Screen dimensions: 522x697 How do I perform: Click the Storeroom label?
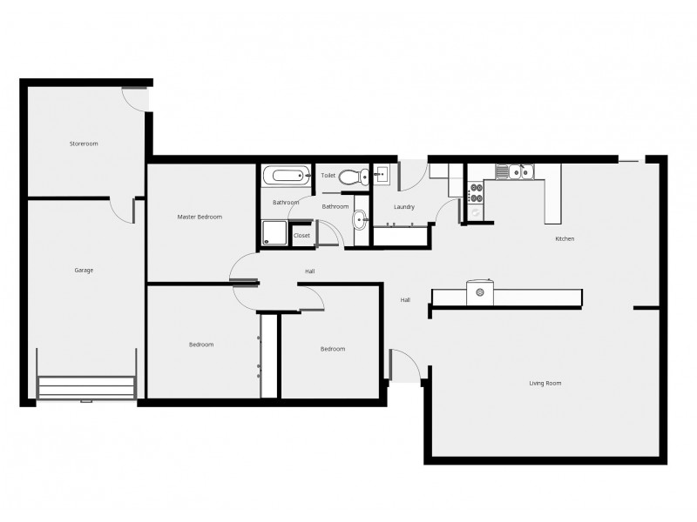(84, 143)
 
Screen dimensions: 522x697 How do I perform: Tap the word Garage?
(84, 270)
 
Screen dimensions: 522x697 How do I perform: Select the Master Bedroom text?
(200, 217)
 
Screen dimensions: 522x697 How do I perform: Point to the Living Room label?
(545, 383)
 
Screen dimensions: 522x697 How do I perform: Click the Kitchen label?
(565, 238)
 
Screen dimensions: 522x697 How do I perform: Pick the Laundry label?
(403, 207)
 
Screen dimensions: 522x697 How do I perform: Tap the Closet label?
(301, 235)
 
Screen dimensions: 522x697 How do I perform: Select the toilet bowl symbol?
(351, 177)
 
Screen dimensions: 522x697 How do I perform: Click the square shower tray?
(275, 232)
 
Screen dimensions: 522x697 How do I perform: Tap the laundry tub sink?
(382, 175)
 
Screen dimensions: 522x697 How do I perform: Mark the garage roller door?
(86, 387)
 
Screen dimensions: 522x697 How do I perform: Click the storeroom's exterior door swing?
(136, 99)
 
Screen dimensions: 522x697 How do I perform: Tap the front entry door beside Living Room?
(403, 365)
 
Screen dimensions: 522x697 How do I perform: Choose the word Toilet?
(328, 176)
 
